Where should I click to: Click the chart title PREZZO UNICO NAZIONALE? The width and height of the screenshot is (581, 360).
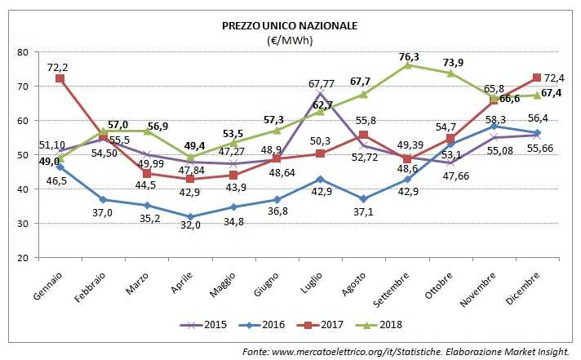[290, 25]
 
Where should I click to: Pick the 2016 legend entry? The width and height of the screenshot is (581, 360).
[265, 324]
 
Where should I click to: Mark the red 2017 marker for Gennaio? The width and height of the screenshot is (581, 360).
[60, 78]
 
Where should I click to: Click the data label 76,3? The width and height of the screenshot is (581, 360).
[409, 56]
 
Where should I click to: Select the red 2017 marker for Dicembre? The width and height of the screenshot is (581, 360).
[536, 78]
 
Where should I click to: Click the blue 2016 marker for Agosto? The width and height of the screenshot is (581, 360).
[363, 198]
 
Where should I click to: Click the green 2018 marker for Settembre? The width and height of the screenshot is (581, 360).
[406, 64]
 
